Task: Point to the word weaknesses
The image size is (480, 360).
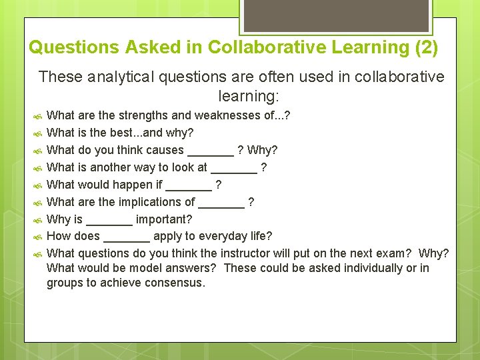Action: click(227, 115)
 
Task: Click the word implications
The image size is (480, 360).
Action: click(157, 202)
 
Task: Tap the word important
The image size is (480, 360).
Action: click(164, 219)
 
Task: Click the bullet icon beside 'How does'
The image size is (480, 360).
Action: click(37, 237)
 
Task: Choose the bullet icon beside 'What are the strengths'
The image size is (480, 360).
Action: click(37, 116)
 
